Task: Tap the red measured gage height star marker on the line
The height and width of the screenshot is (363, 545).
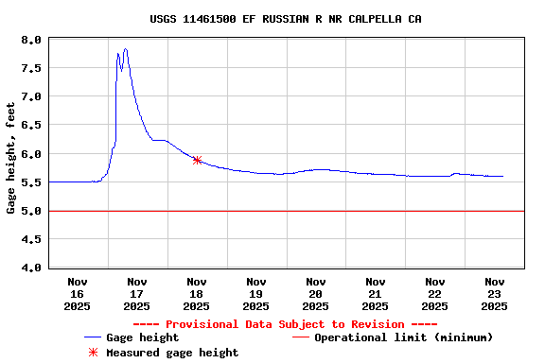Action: point(197,160)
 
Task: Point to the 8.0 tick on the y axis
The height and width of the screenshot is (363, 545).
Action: point(32,40)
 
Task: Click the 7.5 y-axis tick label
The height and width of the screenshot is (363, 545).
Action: point(32,68)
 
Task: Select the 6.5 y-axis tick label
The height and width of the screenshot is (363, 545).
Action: point(32,125)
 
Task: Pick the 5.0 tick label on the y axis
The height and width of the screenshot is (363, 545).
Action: point(32,211)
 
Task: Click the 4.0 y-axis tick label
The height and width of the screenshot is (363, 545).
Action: point(32,268)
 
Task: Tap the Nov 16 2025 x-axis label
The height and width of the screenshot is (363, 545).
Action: point(78,293)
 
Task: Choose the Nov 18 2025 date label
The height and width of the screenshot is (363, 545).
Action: point(197,293)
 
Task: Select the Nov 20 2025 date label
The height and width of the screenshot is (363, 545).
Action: point(315,293)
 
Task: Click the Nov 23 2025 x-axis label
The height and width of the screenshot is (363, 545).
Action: point(494,293)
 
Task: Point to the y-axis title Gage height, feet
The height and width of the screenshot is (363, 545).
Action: point(11,154)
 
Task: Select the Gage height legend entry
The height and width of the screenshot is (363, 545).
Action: point(142,337)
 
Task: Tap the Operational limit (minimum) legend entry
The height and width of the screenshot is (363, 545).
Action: point(403,337)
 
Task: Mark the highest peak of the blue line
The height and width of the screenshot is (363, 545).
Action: point(125,49)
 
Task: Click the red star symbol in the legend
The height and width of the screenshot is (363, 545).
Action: point(93,353)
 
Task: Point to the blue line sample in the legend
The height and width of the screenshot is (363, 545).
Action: point(93,337)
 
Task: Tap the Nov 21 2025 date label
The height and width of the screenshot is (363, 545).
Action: point(375,293)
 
